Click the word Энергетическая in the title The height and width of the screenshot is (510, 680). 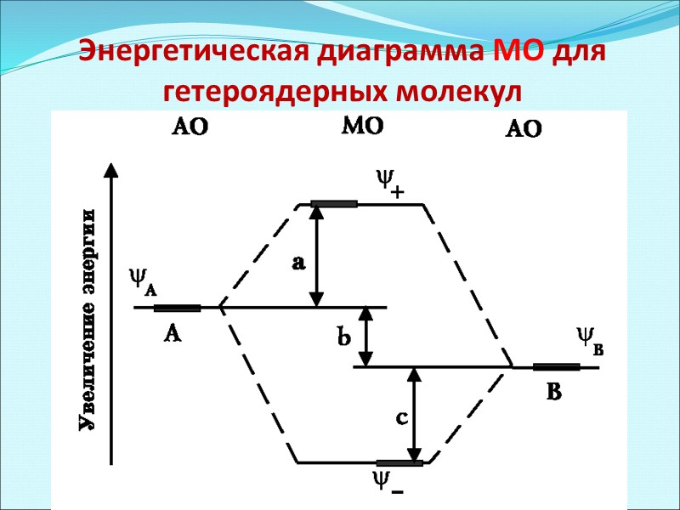(x=197, y=53)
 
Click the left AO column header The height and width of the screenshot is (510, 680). (x=190, y=127)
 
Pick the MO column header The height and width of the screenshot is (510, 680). (x=363, y=127)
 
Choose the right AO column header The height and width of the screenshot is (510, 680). (x=524, y=129)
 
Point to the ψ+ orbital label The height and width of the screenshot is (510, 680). (x=388, y=183)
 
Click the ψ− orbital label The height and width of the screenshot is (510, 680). (x=386, y=484)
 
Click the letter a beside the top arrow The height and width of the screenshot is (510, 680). (x=297, y=264)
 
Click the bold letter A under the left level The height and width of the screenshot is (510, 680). (x=172, y=335)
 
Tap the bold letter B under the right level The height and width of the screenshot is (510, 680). (x=554, y=393)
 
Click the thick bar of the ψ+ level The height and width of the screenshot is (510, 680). (x=334, y=204)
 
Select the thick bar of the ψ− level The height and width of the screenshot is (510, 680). (x=399, y=463)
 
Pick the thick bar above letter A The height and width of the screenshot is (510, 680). (x=177, y=308)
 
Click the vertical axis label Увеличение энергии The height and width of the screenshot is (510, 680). (x=87, y=320)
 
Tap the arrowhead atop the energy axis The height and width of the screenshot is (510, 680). (x=110, y=168)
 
